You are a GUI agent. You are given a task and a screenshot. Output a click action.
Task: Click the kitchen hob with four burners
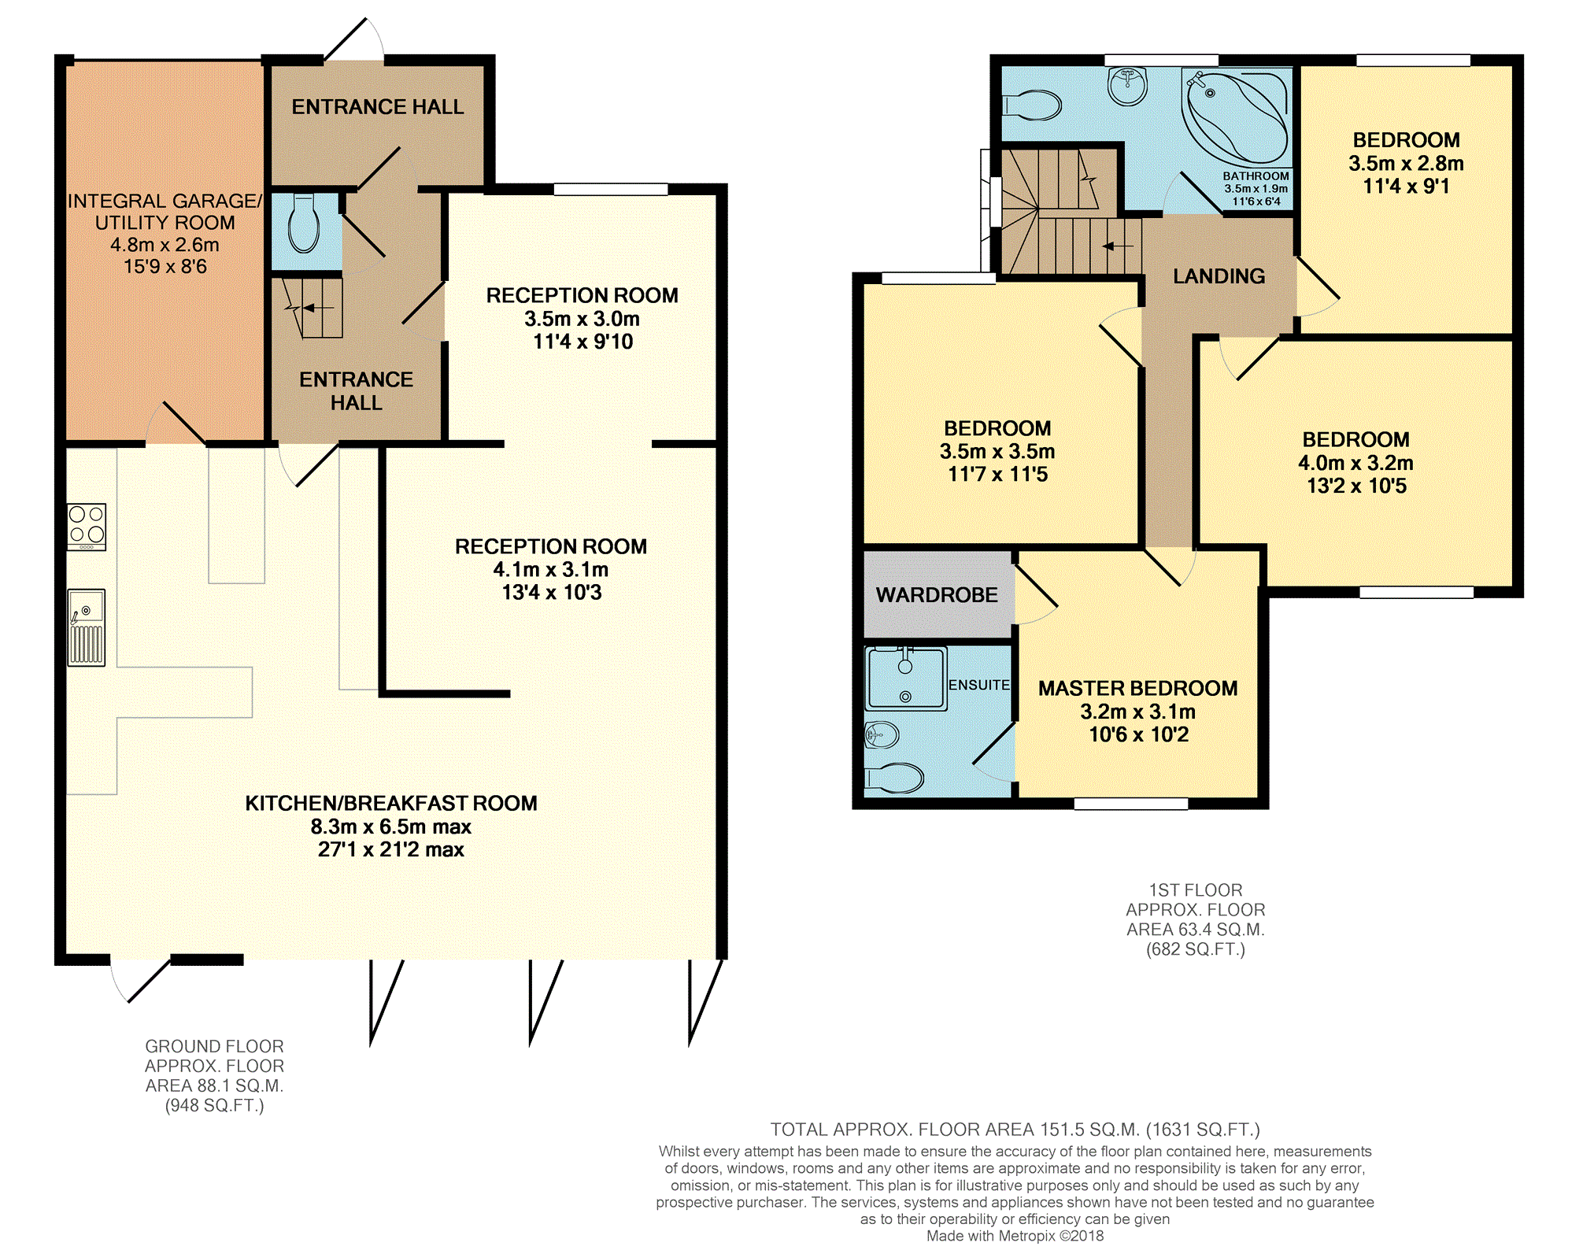coord(87,527)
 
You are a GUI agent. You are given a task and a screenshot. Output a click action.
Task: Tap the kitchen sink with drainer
coord(87,627)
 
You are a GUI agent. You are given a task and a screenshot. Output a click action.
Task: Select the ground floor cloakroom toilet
coord(303,223)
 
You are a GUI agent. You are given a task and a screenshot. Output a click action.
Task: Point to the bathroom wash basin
coord(1127,86)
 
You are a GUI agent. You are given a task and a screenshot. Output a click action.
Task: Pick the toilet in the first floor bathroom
coord(1032,105)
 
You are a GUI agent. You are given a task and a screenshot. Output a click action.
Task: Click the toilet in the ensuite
coord(894,778)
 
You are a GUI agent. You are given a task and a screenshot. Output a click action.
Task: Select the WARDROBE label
coord(937,595)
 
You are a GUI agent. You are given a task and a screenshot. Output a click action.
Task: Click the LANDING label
coord(1219,276)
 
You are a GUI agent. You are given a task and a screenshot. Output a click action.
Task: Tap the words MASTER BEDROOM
coord(1137,688)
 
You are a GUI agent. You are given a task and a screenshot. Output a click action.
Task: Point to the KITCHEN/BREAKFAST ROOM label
coord(391,803)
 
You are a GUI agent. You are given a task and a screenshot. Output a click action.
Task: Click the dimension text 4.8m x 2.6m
coord(165,245)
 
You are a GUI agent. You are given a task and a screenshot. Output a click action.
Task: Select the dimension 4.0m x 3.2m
coord(1355,463)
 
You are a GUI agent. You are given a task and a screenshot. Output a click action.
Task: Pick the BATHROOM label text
coord(1256,176)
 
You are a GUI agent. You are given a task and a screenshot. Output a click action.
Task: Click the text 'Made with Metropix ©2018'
coord(1015,1236)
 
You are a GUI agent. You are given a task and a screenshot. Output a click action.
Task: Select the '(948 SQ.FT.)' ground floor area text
coord(214,1105)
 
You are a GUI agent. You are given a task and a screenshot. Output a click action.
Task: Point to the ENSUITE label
coord(978,685)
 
